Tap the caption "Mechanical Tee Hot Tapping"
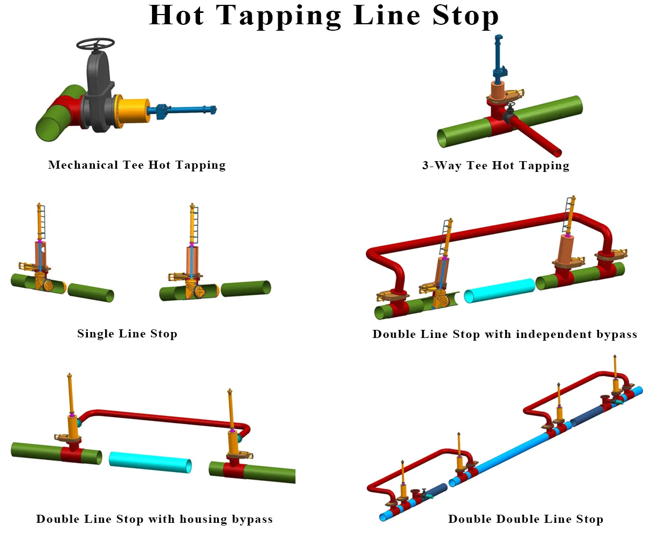pos(137,165)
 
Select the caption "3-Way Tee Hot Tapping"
pos(495,165)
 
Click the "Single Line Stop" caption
pos(127,334)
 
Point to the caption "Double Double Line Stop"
pos(526,519)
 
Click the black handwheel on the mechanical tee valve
pos(95,44)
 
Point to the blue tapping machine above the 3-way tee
pos(499,59)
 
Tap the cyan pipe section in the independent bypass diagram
pos(499,291)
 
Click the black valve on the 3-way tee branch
pos(509,114)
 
